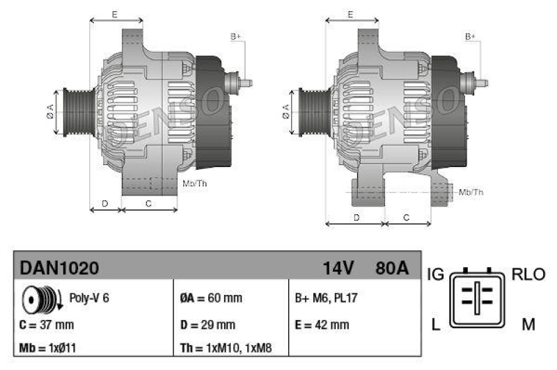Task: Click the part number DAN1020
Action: coord(59,268)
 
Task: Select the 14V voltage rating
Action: coord(339,268)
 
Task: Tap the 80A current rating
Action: coord(392,268)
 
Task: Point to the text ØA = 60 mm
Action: coord(211,298)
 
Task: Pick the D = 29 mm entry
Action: coord(207,325)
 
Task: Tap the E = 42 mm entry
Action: coord(322,325)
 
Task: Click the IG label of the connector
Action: coord(436,275)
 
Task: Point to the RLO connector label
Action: coord(529,275)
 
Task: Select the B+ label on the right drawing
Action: coord(471,36)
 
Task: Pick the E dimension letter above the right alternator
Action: coord(351,14)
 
